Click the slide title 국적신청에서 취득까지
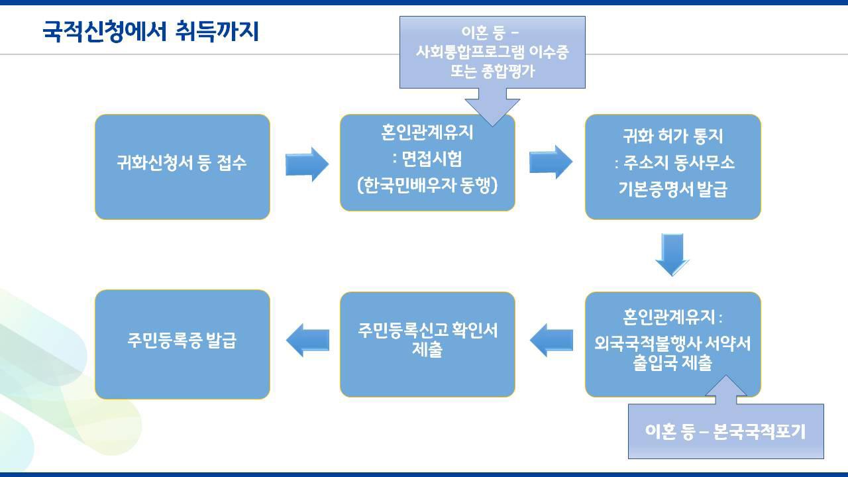150,30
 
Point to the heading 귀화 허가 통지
672,136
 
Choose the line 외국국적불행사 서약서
672,344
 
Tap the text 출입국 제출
672,363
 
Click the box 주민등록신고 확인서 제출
427,341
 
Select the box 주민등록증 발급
182,342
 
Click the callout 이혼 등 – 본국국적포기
725,432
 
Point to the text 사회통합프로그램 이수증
492,52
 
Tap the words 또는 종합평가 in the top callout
492,72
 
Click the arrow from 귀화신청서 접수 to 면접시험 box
307,164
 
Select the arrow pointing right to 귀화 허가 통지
551,162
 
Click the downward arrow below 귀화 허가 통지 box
672,254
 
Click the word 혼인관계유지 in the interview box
427,133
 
